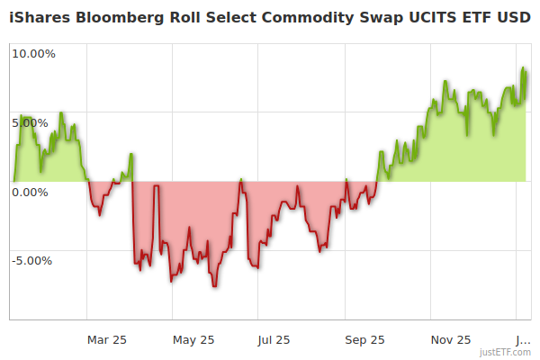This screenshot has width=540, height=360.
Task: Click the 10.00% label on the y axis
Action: (33, 53)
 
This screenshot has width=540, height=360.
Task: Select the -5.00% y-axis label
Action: (31, 261)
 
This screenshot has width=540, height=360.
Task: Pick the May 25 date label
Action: (193, 339)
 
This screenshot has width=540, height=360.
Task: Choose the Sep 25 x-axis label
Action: (365, 339)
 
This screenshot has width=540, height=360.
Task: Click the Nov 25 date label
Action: (451, 339)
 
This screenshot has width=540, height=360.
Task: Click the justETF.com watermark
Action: (505, 352)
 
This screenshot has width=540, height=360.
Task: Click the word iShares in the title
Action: (40, 18)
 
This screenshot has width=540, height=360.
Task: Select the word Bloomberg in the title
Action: (121, 18)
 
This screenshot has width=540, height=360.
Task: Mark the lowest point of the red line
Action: (214, 286)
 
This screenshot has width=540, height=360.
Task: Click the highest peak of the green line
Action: (523, 67)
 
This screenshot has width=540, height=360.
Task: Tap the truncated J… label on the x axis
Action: (522, 339)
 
